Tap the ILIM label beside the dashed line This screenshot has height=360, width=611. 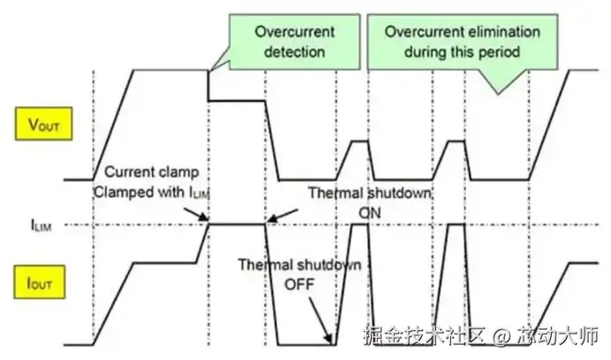pos(44,225)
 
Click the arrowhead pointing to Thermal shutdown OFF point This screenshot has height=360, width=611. pos(330,339)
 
